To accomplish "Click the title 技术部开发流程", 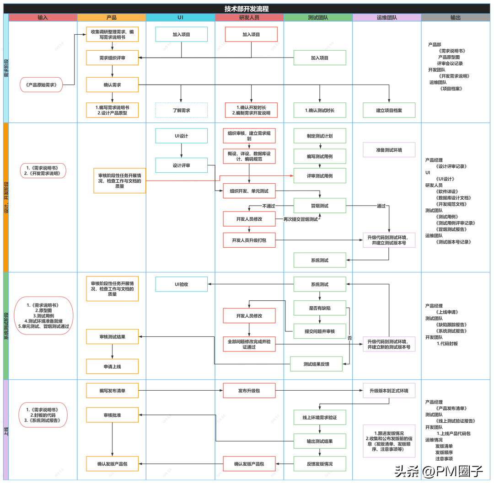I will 247,9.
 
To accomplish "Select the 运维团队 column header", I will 387,17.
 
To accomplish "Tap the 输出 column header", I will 455,17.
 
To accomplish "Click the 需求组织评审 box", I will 112,58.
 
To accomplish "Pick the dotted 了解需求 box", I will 181,110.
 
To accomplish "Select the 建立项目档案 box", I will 389,110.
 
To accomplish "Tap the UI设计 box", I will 181,136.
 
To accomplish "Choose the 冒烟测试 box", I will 320,206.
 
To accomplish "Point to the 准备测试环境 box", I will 389,149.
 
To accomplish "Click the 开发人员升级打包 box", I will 249,240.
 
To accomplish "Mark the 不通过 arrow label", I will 268,206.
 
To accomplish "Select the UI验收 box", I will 181,284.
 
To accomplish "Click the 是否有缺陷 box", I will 320,308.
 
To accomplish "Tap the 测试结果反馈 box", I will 317,364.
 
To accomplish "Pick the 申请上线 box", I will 112,366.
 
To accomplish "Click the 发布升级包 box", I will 249,390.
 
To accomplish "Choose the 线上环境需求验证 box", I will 320,417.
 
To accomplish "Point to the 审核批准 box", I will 112,415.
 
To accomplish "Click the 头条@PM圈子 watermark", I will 439,471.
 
